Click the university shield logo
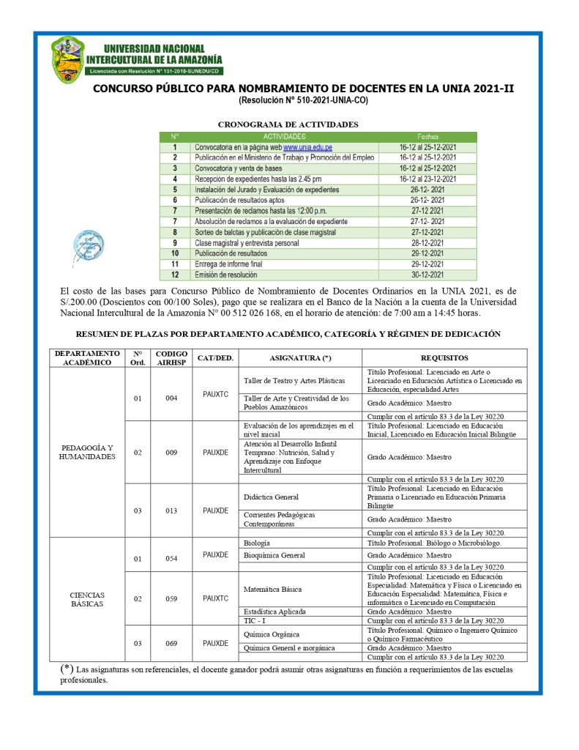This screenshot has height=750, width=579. point(68,60)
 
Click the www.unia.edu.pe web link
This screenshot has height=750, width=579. point(303,147)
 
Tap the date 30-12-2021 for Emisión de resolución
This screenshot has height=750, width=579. point(428,275)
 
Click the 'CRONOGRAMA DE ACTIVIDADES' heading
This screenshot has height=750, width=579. point(288,125)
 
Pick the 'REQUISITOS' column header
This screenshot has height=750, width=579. point(444,358)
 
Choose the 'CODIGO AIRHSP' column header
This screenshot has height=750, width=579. point(172,358)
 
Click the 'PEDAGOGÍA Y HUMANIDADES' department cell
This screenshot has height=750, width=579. point(87,452)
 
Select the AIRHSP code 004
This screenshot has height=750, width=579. point(172,398)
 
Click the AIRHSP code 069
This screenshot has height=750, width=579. point(172,644)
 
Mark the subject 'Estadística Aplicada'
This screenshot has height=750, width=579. point(274,611)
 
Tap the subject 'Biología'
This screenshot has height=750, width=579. point(256,543)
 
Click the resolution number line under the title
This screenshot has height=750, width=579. point(303,99)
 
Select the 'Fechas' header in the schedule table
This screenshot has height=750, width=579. point(428,136)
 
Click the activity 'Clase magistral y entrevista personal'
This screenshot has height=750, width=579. point(246,242)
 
